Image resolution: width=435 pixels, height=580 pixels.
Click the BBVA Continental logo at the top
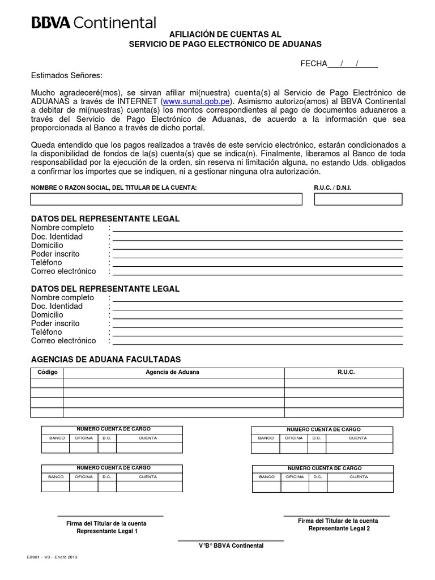coord(93,23)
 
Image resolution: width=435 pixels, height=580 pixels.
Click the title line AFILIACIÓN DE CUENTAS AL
coord(225,34)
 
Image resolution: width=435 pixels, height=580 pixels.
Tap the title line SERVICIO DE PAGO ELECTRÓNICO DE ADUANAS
coord(225,44)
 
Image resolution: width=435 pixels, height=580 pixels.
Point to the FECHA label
coord(314,63)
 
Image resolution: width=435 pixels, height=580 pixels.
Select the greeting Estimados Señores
coord(67,75)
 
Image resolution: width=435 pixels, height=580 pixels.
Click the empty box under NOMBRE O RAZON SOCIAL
coord(166,199)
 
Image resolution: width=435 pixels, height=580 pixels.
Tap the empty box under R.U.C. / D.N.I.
coord(358,199)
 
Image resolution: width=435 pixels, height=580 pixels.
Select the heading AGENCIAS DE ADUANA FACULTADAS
coord(106,359)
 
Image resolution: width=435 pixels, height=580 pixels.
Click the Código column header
coord(47,372)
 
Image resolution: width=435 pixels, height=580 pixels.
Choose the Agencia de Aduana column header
coord(172,372)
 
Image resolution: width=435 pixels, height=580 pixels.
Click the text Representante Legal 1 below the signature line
coord(106,531)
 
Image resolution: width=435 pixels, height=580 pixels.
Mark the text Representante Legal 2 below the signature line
coord(339,528)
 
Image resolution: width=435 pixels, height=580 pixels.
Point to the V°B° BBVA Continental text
coord(231,545)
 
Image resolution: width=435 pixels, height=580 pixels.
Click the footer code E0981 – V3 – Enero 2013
coord(52,557)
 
